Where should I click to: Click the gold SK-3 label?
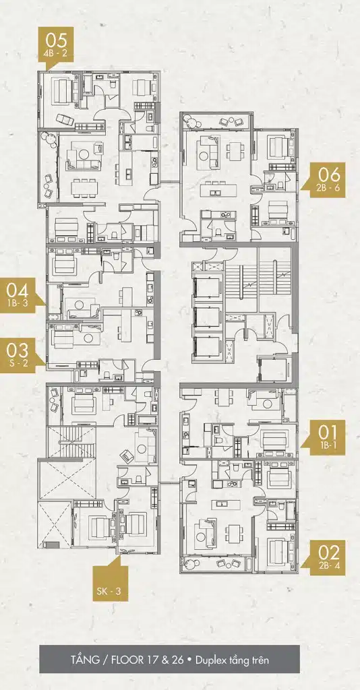click(110, 582)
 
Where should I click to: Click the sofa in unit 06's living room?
click(208, 150)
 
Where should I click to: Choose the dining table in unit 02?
click(234, 534)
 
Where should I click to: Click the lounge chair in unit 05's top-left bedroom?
click(65, 119)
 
